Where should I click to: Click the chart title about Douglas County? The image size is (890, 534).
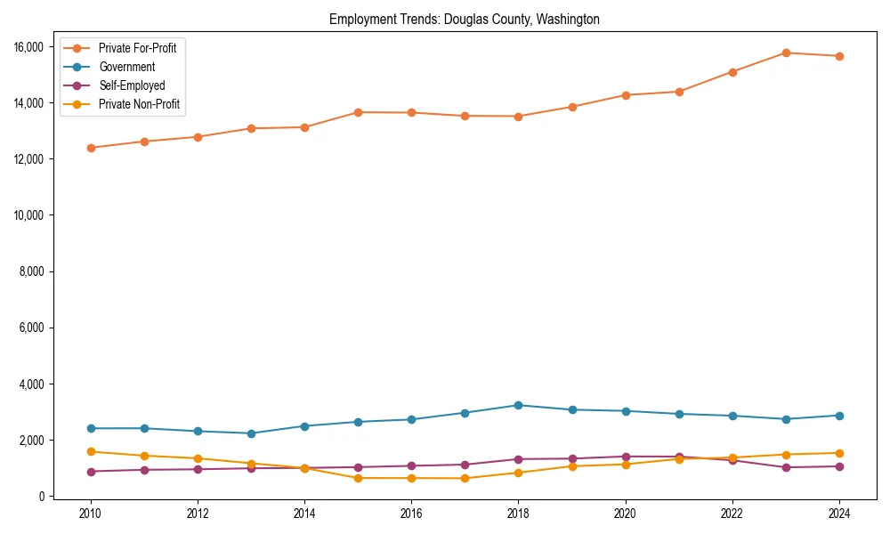point(464,20)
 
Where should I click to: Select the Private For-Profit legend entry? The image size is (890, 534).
point(137,48)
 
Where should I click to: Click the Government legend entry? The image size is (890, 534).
point(126,67)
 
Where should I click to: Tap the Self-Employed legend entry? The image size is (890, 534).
point(132,86)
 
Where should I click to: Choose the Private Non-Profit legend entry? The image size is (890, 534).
point(139,105)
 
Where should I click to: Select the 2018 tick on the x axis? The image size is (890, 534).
point(518,514)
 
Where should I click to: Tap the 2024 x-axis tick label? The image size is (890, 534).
point(839,514)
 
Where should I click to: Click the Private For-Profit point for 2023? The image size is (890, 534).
point(786,53)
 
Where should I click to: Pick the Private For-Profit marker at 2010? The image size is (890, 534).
point(91,148)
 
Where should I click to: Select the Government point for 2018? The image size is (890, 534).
point(518,405)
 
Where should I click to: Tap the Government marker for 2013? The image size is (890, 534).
point(251,433)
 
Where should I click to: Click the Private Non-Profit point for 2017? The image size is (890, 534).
point(465,479)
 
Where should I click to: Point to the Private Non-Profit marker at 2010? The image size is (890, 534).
point(91,452)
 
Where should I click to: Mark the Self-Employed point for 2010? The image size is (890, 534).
point(91,472)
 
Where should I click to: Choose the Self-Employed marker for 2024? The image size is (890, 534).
point(839,466)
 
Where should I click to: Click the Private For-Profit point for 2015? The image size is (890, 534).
point(358,112)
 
